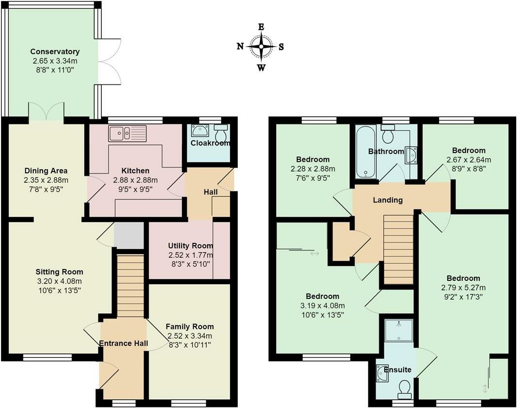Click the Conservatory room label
tap(55, 51)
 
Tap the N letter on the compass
tap(241, 46)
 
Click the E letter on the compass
tap(261, 27)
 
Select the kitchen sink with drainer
tap(128, 133)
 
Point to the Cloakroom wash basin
tap(200, 131)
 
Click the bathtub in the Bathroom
tap(365, 152)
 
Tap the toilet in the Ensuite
tap(405, 389)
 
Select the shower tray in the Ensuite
tap(399, 330)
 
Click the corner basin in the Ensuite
tap(382, 373)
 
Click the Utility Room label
tap(190, 246)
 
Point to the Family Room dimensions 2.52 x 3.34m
tap(190, 336)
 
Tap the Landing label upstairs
tap(388, 200)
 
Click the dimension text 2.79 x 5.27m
tap(463, 288)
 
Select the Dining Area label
tap(46, 171)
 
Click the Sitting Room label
tap(59, 272)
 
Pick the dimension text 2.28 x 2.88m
tap(313, 169)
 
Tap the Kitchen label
tap(135, 171)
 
